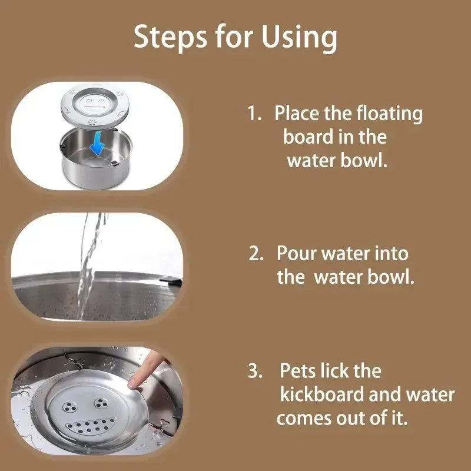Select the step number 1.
tap(254, 114)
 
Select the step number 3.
tap(255, 372)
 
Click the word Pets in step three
tap(300, 372)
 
